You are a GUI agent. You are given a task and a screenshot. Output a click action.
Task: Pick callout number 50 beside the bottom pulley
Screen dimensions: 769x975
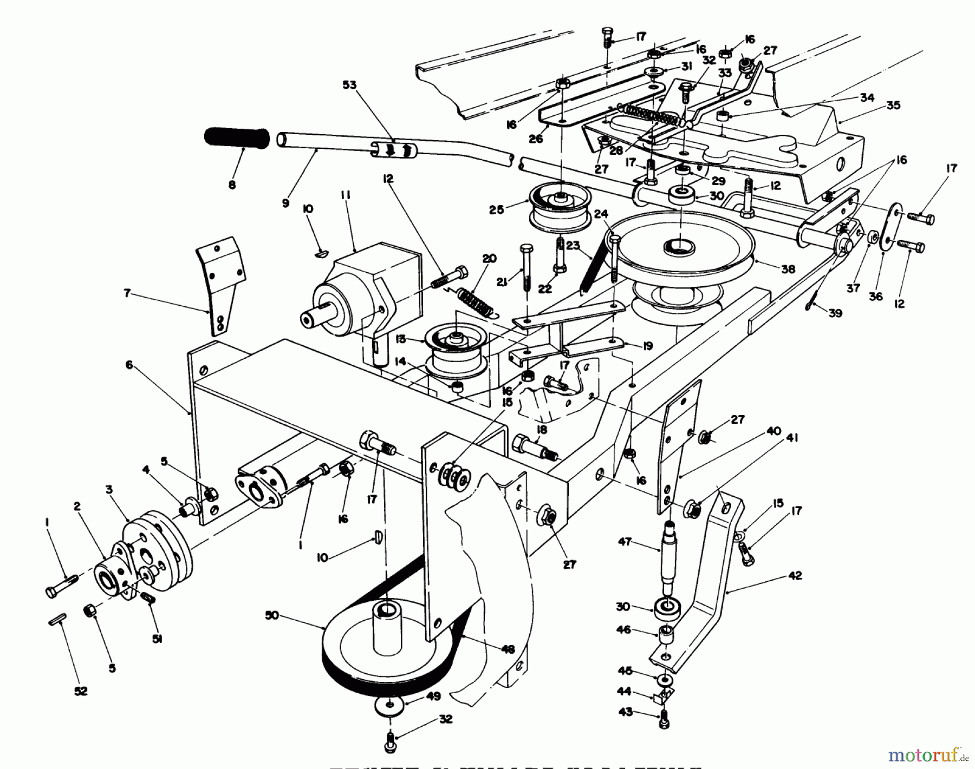(272, 615)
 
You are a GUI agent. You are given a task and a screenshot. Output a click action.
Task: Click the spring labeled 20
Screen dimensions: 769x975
(476, 300)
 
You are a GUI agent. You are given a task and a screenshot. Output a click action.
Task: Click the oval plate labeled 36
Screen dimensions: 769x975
(891, 227)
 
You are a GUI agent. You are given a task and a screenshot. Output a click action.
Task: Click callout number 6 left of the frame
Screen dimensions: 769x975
(129, 365)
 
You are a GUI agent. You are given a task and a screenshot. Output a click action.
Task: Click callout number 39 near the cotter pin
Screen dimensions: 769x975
(835, 313)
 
